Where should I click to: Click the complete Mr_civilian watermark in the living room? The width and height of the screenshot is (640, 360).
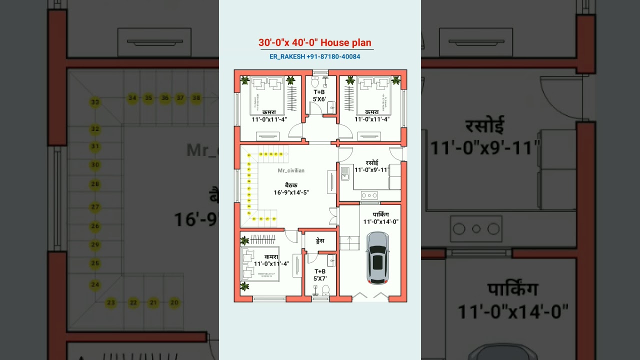click(291, 170)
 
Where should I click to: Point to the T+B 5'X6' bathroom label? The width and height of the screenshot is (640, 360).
click(319, 95)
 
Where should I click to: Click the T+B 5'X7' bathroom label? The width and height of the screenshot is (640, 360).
click(319, 274)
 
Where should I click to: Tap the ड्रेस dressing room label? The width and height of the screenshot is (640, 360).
click(320, 240)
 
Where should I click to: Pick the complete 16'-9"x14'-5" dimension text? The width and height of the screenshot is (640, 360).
click(291, 192)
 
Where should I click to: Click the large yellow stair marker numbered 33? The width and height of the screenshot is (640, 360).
click(95, 103)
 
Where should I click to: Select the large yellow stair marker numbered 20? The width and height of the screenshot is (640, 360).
click(174, 302)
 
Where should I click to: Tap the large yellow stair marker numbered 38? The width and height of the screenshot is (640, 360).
click(196, 98)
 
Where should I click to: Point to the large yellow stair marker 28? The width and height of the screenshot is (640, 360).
click(95, 184)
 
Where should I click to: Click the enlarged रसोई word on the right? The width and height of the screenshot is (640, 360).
click(484, 125)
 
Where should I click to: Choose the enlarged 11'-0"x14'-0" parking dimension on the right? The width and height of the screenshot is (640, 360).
click(513, 312)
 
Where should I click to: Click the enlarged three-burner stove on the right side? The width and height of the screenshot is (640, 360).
click(476, 229)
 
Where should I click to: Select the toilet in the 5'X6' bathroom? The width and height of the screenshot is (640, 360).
click(315, 80)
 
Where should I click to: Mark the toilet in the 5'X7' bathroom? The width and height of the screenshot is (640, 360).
click(325, 289)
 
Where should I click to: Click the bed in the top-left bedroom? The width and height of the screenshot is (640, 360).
click(267, 94)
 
